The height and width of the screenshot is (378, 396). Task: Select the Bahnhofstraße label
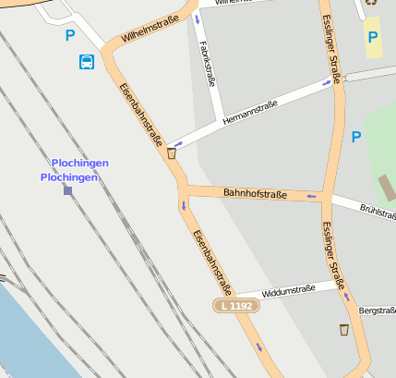(255, 193)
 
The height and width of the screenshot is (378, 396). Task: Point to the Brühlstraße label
(378, 212)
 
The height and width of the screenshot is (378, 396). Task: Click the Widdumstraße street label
(288, 290)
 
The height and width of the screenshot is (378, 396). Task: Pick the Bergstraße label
(377, 311)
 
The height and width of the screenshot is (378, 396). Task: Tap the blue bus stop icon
(86, 62)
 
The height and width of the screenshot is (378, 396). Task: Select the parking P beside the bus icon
(70, 36)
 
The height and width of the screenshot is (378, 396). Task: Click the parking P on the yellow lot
(373, 37)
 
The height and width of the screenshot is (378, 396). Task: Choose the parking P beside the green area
(355, 137)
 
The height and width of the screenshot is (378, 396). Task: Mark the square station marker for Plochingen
(67, 190)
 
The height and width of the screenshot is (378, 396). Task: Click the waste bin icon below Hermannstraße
(172, 153)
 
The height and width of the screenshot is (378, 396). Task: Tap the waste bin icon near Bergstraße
(343, 330)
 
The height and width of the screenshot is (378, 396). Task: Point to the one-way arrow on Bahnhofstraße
(311, 196)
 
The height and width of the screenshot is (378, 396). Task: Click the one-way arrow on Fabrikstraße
(197, 18)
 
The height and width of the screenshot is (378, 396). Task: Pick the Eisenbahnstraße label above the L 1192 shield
(211, 262)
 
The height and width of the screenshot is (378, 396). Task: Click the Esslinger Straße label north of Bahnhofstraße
(333, 43)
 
